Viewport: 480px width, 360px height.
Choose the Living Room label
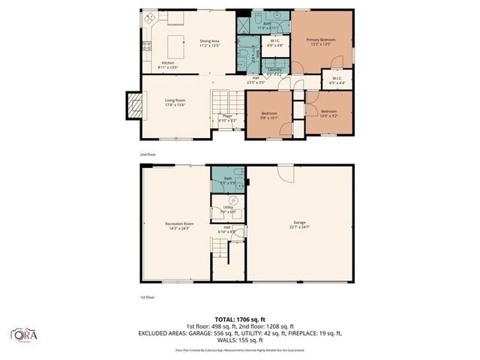click(x=175, y=102)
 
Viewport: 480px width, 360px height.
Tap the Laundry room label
click(x=274, y=71)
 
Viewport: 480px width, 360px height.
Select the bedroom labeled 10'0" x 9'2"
click(x=328, y=115)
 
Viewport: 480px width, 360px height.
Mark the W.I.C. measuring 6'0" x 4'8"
click(x=275, y=43)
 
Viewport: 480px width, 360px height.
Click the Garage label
click(x=300, y=224)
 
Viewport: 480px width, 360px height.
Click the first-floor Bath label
click(x=228, y=181)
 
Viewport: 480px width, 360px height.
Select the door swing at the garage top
click(x=286, y=172)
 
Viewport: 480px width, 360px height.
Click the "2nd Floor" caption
click(x=147, y=154)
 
